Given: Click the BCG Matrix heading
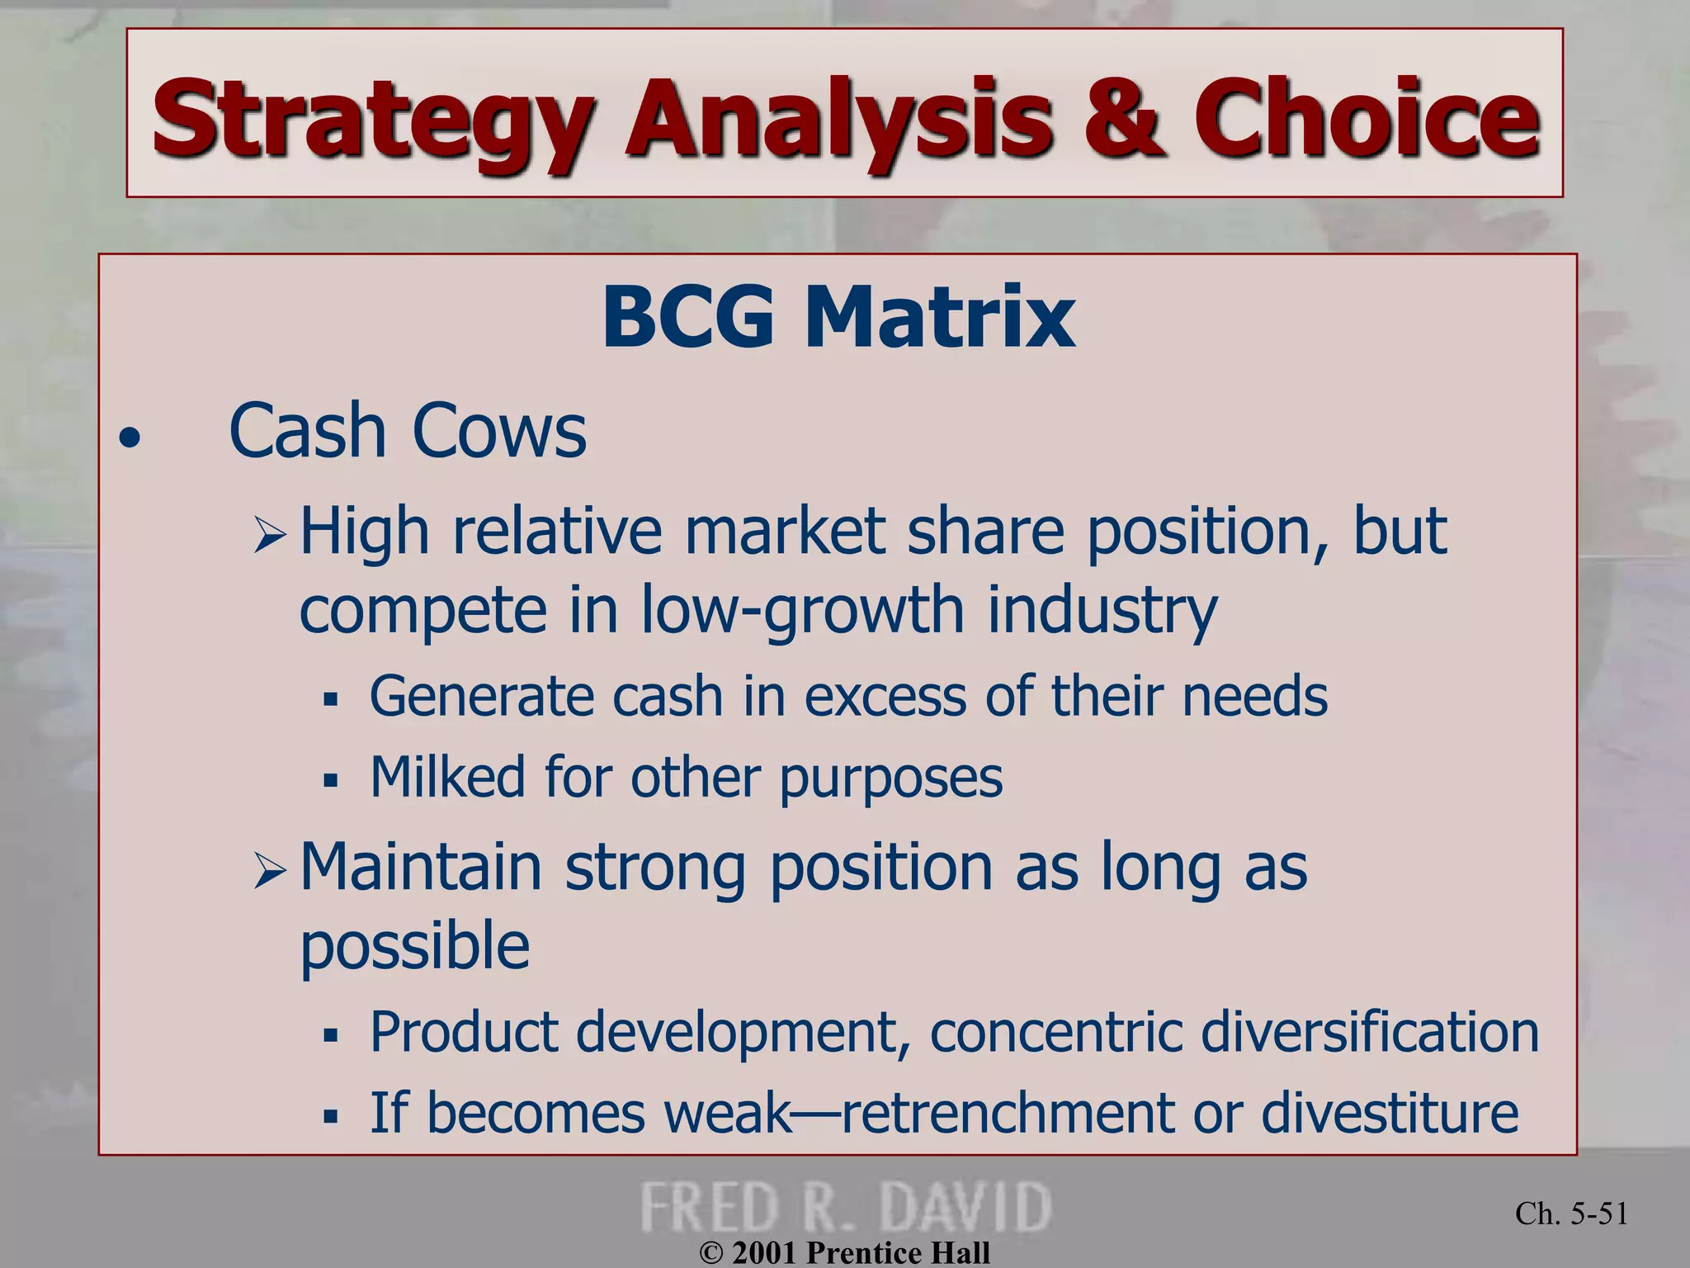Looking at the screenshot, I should [838, 317].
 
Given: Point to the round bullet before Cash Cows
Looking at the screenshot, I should [130, 438].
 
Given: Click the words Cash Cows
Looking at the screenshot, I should [408, 431].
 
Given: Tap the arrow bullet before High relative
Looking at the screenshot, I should [269, 534].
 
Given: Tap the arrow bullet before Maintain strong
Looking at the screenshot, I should [269, 871].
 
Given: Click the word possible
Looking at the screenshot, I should [414, 946].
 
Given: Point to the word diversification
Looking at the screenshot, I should [1370, 1032].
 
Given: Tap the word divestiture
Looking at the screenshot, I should [1390, 1113].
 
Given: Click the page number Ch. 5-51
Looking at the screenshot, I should [1571, 1214].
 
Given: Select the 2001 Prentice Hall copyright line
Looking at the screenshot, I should [845, 1252].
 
